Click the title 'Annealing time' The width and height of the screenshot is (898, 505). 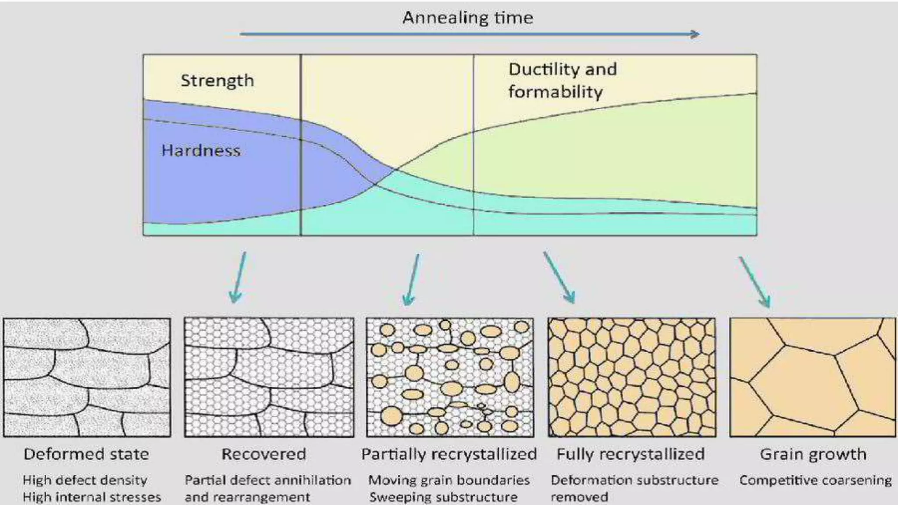[467, 18]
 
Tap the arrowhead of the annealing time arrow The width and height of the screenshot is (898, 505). [695, 34]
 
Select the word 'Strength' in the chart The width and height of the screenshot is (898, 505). [217, 81]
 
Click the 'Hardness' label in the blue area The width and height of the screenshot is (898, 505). [201, 151]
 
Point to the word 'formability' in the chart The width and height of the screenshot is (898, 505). [555, 92]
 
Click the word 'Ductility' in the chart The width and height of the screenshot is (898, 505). [538, 69]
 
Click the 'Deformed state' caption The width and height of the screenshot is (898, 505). [86, 454]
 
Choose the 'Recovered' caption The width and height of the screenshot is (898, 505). [264, 454]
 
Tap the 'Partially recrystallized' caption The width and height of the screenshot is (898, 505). [449, 454]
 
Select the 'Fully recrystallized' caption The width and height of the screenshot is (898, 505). [630, 454]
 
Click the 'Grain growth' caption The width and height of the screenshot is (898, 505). [813, 454]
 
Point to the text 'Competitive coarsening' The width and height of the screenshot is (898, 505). [815, 480]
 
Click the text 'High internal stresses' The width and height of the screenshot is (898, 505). [92, 497]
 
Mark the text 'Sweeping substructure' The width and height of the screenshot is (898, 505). [443, 497]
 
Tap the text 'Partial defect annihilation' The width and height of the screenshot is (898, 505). [267, 480]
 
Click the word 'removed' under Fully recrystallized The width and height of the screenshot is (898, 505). [579, 497]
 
